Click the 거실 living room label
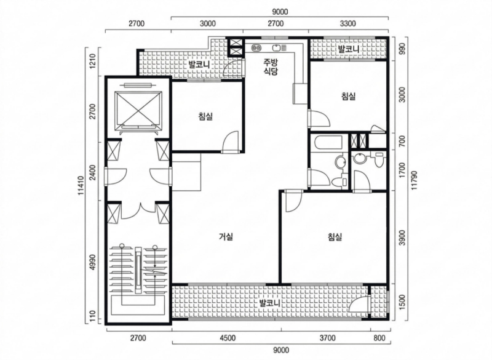226,236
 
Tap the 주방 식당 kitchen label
271,66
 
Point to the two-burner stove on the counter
256,48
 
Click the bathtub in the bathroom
327,143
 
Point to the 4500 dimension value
228,338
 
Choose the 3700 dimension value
328,338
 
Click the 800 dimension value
379,338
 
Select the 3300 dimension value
347,23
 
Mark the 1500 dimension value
403,302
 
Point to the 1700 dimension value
403,170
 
